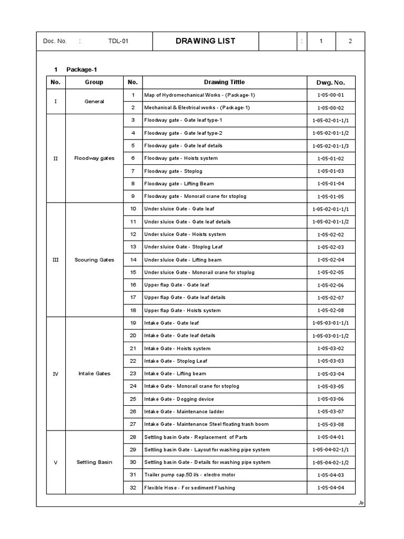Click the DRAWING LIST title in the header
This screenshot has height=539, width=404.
(205, 41)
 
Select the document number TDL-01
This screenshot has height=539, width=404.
(118, 42)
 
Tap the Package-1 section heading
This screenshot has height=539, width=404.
(82, 69)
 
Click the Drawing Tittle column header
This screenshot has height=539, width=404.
(224, 82)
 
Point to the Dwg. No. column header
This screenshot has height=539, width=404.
(330, 83)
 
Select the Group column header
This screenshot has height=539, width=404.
(94, 82)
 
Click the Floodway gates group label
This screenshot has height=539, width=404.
(94, 158)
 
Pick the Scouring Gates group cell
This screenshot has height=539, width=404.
(94, 260)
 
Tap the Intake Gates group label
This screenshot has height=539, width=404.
(94, 374)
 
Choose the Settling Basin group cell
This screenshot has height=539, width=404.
(94, 462)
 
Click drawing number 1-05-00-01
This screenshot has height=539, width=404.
(330, 95)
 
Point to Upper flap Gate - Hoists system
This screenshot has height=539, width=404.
(182, 311)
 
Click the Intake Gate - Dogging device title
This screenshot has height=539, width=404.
(179, 399)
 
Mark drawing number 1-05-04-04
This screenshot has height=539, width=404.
(330, 488)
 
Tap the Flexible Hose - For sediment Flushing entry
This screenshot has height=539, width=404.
(189, 487)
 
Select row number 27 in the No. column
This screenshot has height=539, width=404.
(133, 424)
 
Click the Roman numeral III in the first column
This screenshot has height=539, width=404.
(56, 260)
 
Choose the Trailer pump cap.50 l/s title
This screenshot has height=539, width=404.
(189, 475)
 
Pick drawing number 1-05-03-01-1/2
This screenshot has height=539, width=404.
(330, 336)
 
